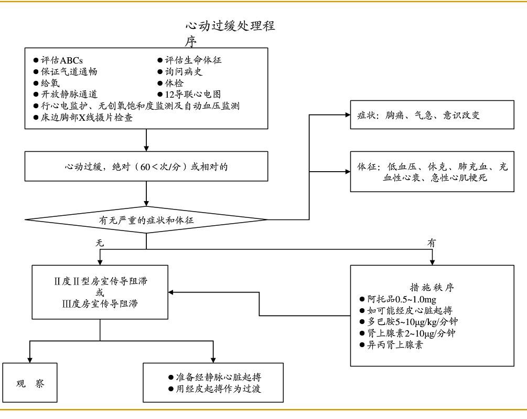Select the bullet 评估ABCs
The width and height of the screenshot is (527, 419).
click(x=58, y=60)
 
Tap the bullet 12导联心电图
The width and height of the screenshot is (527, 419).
click(x=189, y=95)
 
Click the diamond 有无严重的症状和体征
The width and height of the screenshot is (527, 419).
click(x=146, y=220)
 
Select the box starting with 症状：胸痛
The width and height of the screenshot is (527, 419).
click(x=433, y=115)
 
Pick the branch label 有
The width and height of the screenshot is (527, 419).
click(x=432, y=243)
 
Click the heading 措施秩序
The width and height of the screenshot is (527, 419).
click(x=432, y=288)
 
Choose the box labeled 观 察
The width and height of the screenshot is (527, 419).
click(x=30, y=383)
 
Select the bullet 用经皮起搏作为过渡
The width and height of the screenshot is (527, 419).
click(x=214, y=389)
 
